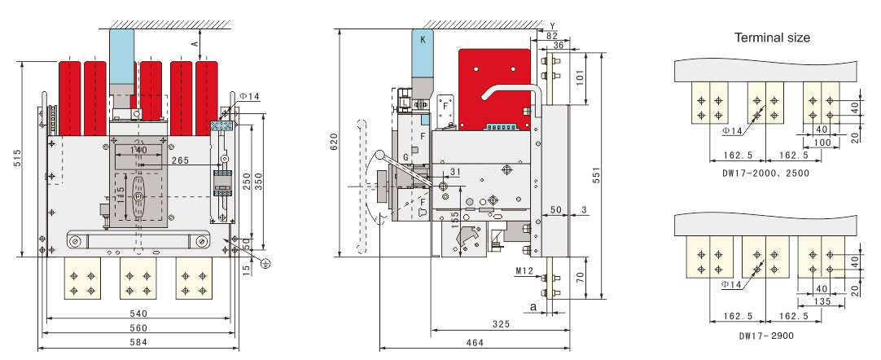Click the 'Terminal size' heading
[x=772, y=37]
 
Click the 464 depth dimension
[x=474, y=343]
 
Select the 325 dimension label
[x=502, y=324]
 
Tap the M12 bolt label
[x=525, y=270]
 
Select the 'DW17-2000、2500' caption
[x=768, y=173]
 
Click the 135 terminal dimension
[x=822, y=301]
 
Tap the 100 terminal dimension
[x=822, y=143]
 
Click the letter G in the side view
[x=405, y=156]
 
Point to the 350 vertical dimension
[x=259, y=181]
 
